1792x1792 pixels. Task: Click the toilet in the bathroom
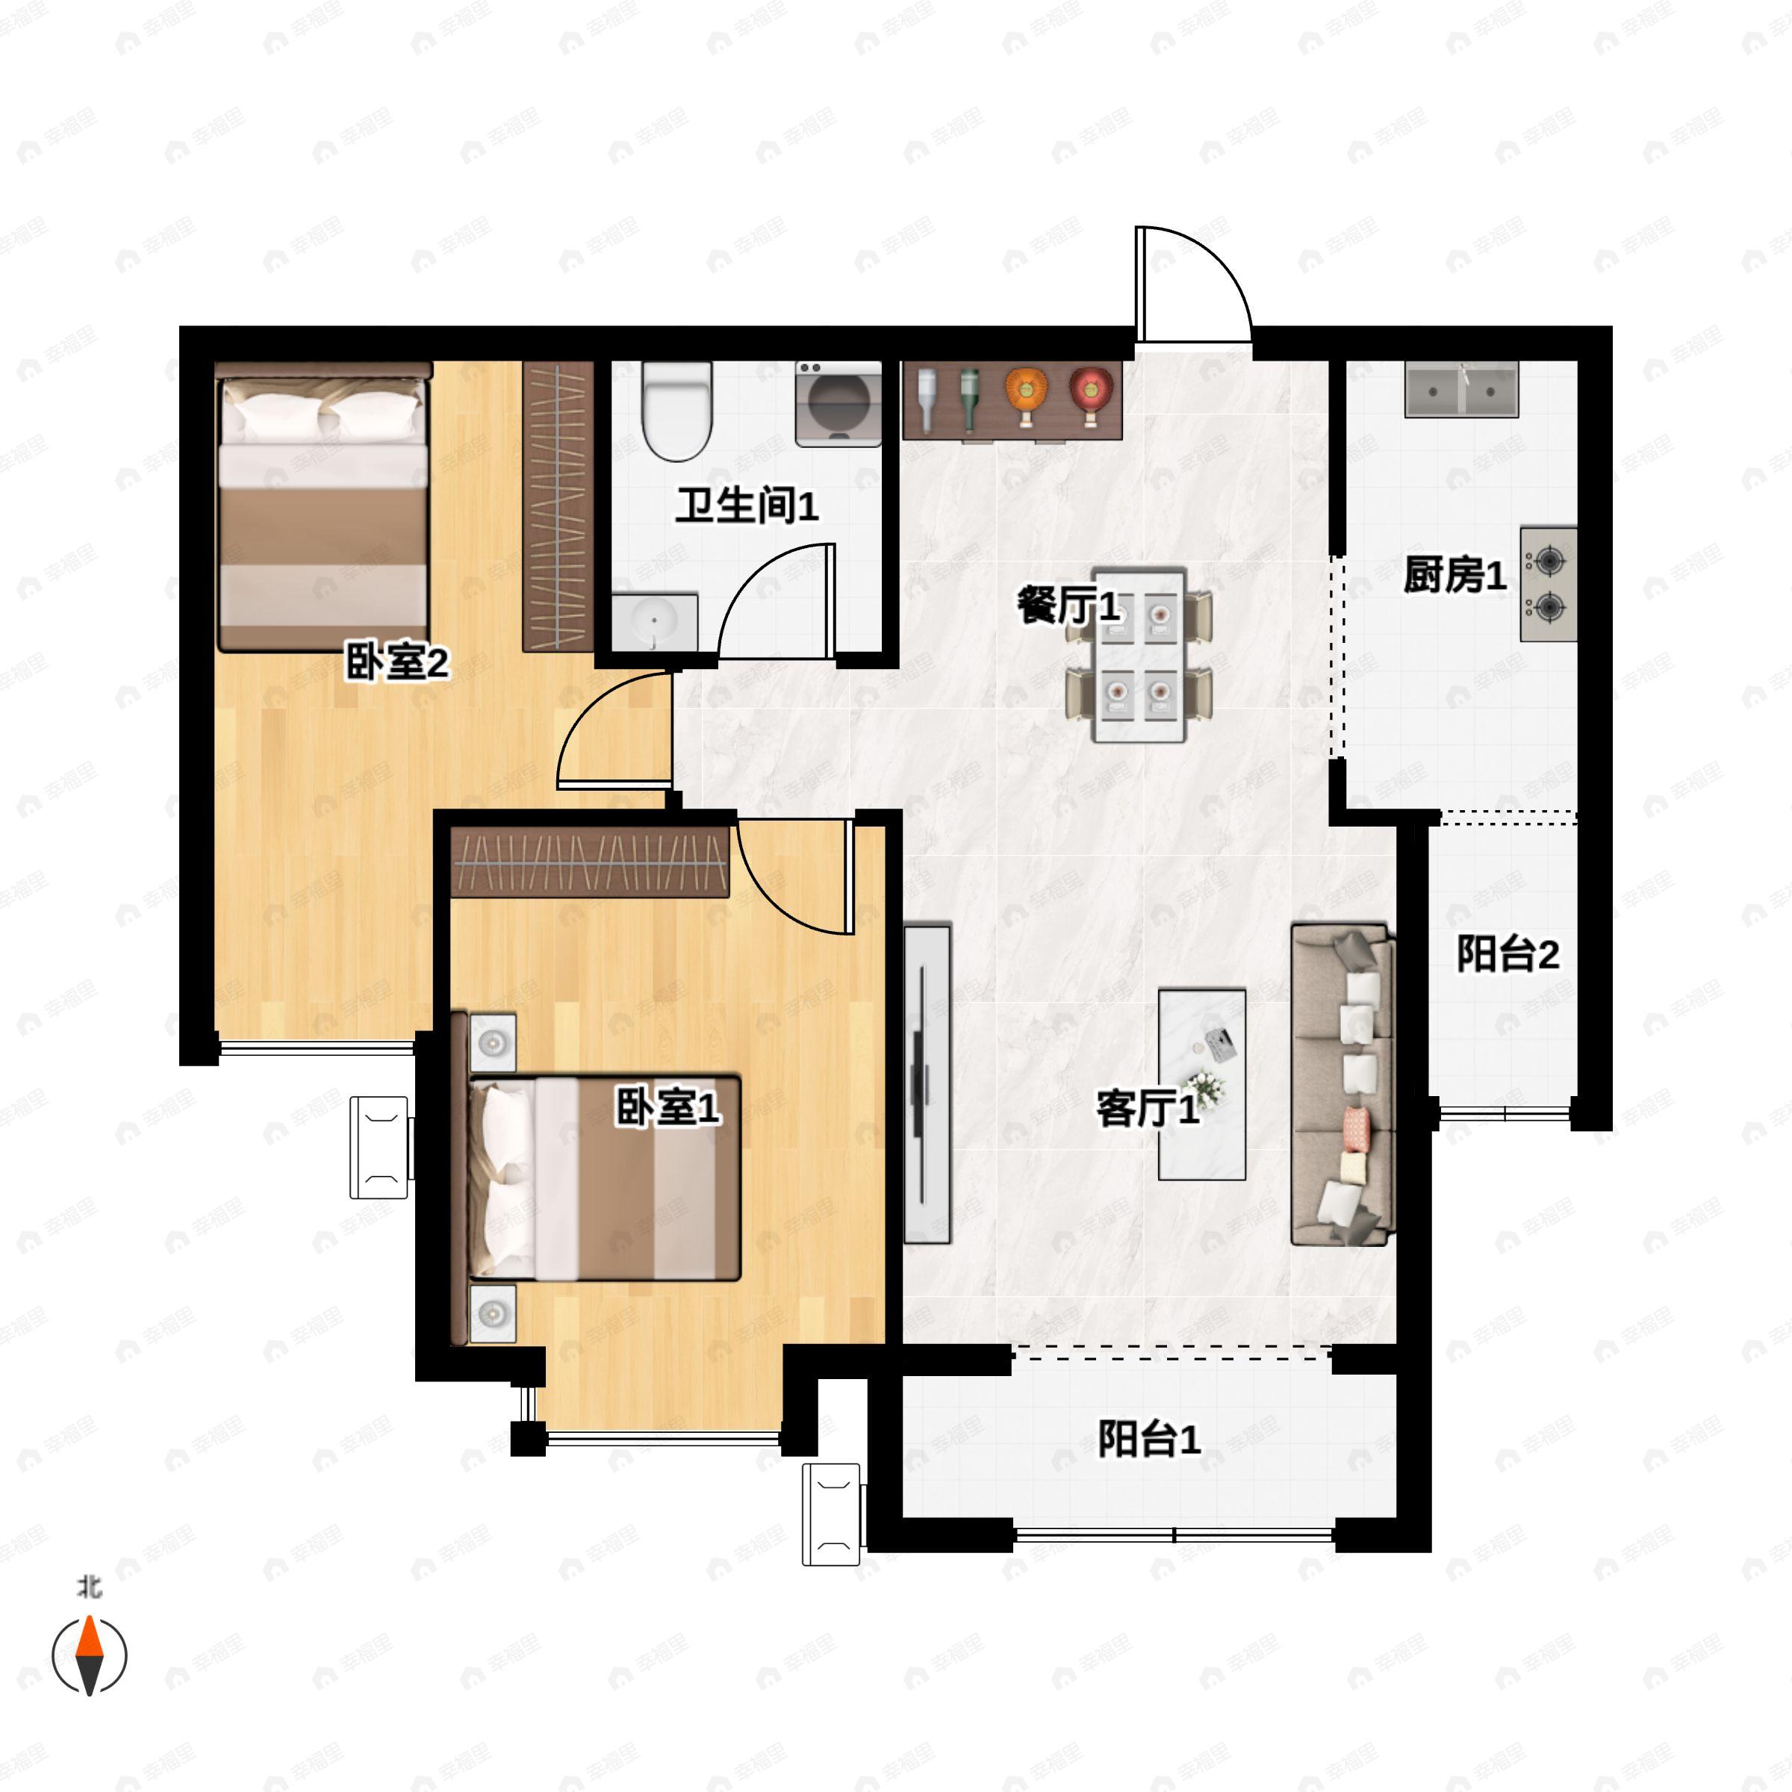point(676,410)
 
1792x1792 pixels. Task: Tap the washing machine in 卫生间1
point(839,405)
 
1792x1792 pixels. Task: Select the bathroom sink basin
point(655,623)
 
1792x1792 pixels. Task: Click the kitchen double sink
point(1461,390)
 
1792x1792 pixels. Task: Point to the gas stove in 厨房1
point(1548,585)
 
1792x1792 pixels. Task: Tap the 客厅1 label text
point(1148,1107)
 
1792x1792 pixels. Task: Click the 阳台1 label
point(1149,1439)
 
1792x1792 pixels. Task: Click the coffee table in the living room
point(1201,1084)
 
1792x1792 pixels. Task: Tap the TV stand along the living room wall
point(927,1083)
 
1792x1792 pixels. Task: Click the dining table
point(1139,655)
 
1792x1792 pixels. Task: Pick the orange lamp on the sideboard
point(1026,395)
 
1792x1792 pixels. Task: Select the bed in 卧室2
point(323,506)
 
